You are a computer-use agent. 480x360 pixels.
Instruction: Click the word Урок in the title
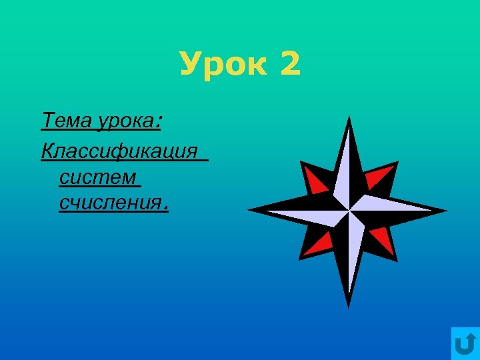click(224, 65)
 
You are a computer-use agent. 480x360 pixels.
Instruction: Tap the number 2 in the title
click(291, 65)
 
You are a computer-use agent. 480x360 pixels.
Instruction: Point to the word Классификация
click(120, 151)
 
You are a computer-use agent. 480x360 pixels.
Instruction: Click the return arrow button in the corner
click(465, 344)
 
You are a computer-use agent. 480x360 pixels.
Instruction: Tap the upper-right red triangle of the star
click(381, 177)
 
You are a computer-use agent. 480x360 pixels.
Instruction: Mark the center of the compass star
click(348, 211)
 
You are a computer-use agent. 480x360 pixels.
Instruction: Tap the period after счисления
click(165, 207)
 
